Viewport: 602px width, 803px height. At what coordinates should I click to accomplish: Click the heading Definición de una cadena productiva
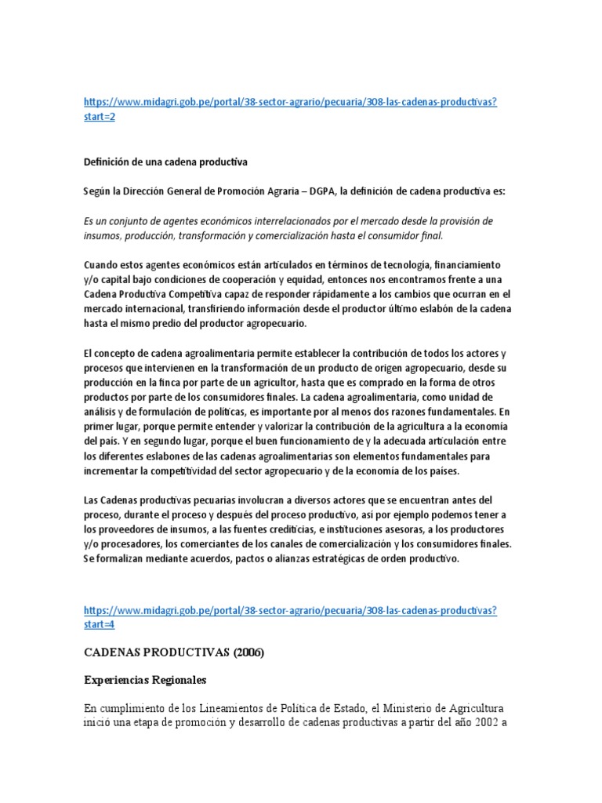[x=165, y=162]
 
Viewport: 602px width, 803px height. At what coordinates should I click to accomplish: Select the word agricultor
[x=274, y=382]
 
